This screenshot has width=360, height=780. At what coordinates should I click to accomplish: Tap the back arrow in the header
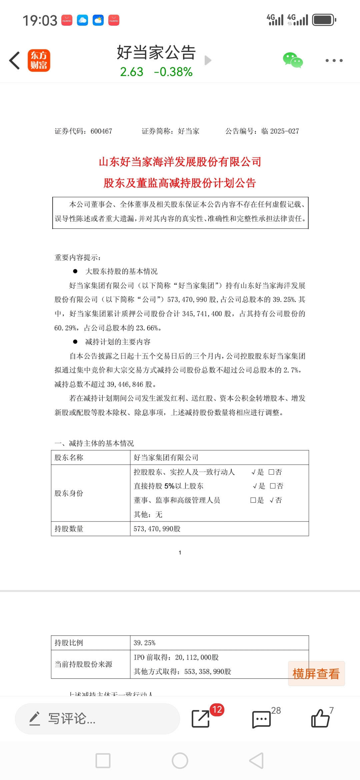coord(15,60)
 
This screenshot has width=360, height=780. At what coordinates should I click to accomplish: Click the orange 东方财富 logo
coord(39,60)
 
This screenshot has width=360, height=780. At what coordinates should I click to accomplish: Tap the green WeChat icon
coord(293,60)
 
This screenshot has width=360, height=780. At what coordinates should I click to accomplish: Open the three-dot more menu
coord(334,60)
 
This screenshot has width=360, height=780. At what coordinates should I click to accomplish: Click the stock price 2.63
coord(132,72)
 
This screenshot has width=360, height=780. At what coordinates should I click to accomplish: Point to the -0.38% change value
coord(173,72)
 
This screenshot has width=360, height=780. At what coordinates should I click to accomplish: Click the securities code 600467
coord(101,131)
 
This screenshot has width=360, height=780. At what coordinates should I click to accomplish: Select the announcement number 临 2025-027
coord(280,131)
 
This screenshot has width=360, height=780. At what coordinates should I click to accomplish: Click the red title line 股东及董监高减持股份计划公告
coord(180,183)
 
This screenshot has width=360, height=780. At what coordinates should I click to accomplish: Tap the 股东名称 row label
coord(69,457)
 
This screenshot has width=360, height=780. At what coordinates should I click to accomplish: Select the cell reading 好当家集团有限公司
coord(166,457)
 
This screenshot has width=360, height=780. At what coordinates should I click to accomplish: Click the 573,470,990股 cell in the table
coord(157,529)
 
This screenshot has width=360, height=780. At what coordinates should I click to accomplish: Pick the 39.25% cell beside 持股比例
coord(145,643)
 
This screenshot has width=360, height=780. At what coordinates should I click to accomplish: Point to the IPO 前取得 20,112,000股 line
coord(176,657)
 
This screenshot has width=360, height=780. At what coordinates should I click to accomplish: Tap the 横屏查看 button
coord(316,674)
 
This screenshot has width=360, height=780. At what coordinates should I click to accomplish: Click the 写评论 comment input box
coord(97,719)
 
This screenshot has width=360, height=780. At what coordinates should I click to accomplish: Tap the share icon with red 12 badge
coord(201,718)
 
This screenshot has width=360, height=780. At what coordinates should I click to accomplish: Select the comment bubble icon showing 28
coord(262,719)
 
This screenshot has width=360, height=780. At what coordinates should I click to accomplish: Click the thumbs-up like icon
coord(320,718)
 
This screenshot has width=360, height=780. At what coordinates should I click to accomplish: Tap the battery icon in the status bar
coord(324,20)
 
